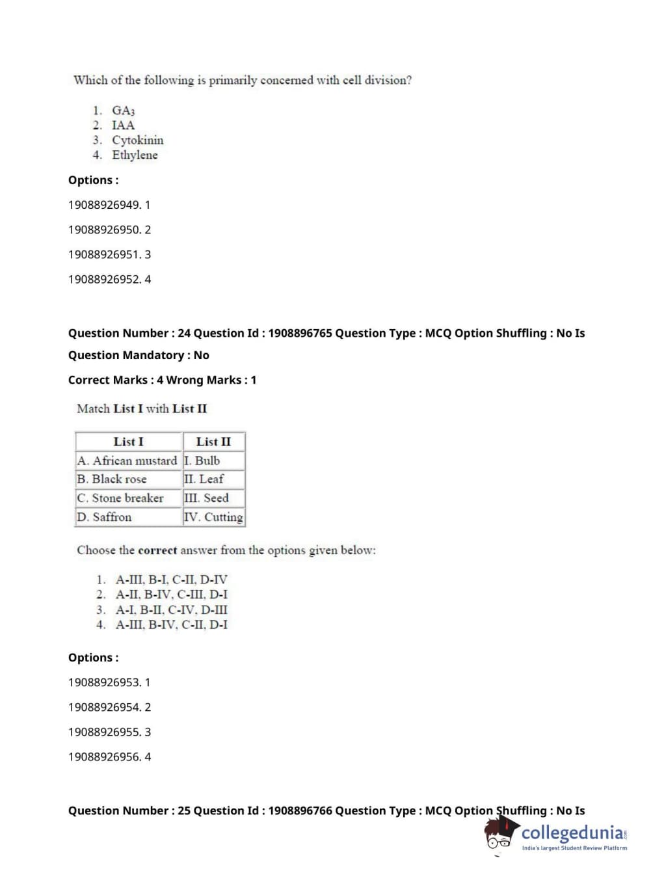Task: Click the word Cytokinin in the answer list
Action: [x=137, y=140]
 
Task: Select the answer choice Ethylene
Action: [x=135, y=155]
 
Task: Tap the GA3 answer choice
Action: [x=123, y=111]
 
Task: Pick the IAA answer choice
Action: [x=123, y=126]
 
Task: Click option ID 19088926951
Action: [x=109, y=254]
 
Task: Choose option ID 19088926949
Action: [x=109, y=205]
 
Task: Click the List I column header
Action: [x=128, y=442]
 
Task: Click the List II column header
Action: [x=213, y=442]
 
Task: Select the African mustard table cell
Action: [x=127, y=461]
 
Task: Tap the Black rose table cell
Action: [x=112, y=479]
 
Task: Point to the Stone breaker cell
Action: [x=120, y=498]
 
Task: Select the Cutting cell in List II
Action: [x=214, y=517]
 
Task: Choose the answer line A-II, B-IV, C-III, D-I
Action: [x=171, y=595]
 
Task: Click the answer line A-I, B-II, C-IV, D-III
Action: [x=171, y=610]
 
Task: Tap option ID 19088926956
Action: [x=109, y=756]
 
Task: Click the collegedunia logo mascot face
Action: [x=499, y=835]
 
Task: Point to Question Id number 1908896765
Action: [x=300, y=333]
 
